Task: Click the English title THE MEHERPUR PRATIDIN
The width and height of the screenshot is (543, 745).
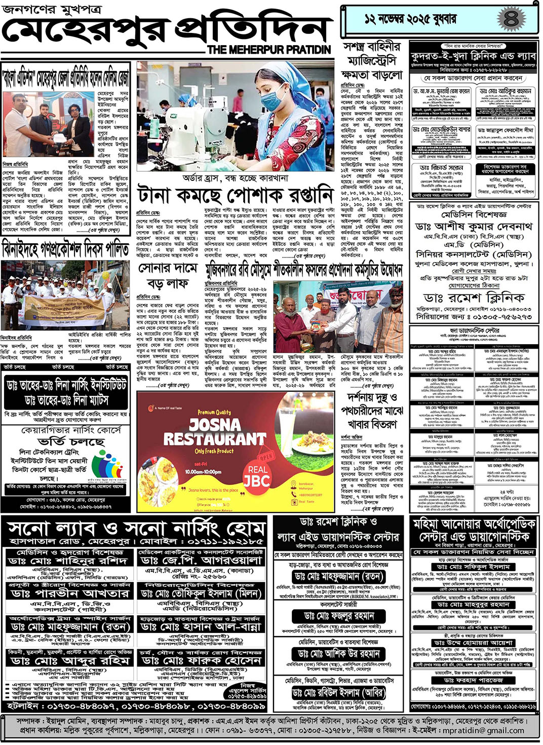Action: (269, 50)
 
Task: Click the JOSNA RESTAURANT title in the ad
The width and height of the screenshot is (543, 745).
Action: (214, 431)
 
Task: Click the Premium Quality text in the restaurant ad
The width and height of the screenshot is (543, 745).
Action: (214, 413)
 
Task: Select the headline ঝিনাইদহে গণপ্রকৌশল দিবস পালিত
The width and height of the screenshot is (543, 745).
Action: (66, 250)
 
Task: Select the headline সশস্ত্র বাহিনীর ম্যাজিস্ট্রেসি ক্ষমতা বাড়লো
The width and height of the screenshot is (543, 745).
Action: (372, 61)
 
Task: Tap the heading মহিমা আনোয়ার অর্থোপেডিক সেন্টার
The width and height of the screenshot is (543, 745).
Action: (474, 530)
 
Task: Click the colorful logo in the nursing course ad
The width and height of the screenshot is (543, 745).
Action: (107, 463)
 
